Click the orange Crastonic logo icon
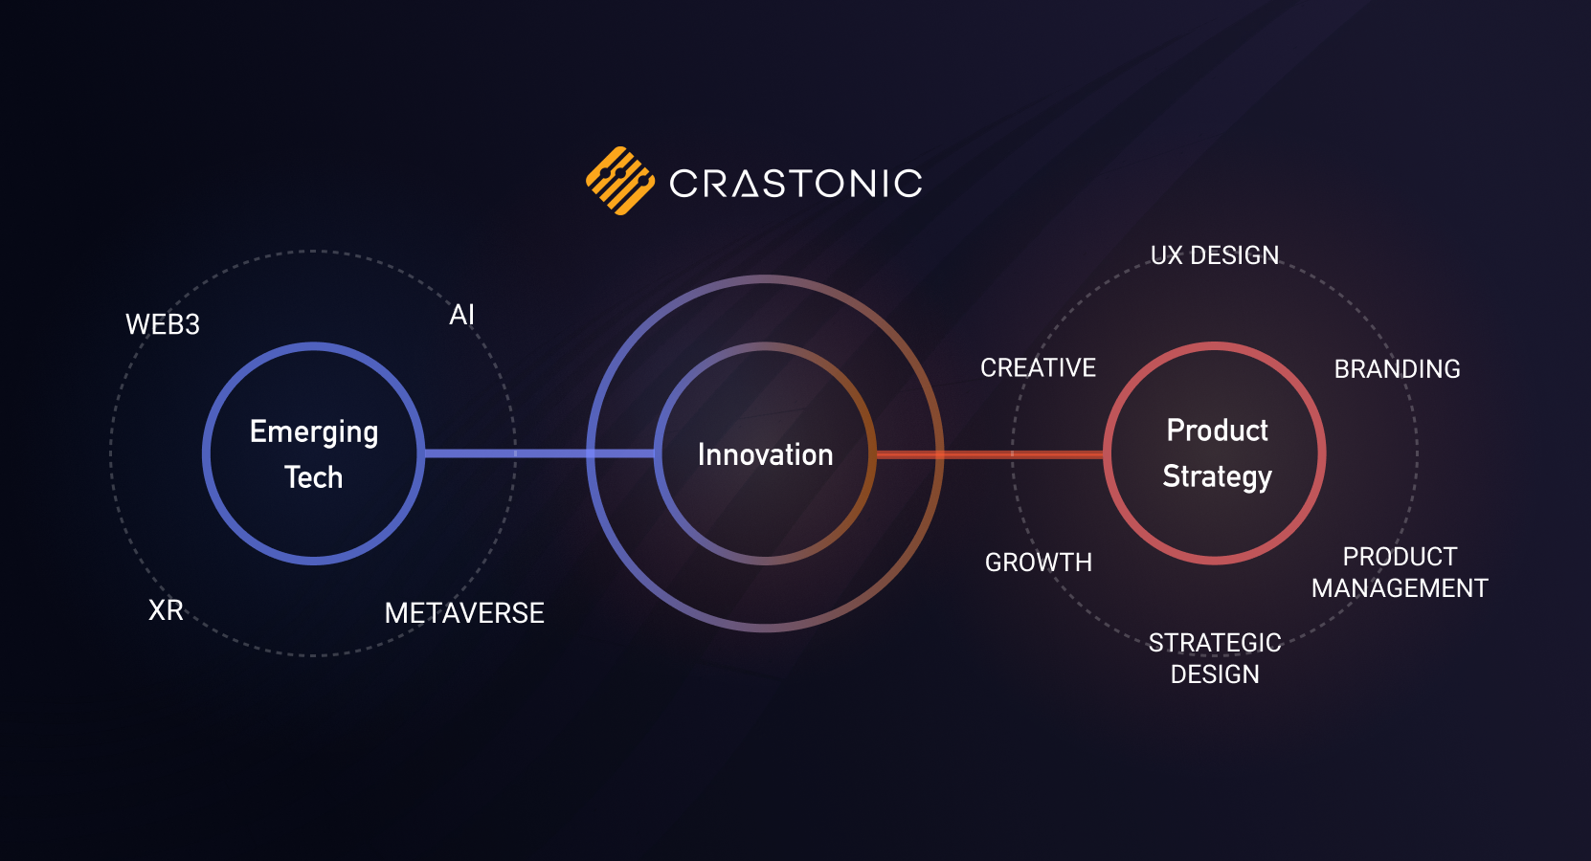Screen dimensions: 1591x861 620,181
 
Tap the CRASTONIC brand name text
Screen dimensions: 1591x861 796,183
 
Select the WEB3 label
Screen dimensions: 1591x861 163,324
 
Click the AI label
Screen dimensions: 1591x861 461,315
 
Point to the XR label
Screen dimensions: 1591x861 167,610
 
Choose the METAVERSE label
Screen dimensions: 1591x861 464,613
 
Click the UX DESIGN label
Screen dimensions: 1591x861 1215,255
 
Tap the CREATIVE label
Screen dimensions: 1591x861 1039,367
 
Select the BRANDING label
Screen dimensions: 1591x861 1397,369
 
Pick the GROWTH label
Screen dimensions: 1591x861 1039,563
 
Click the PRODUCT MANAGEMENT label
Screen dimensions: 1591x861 1400,572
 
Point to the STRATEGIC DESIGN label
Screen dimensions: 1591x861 1216,658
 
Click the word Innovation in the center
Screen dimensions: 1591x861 766,455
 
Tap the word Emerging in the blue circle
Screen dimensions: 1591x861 314,432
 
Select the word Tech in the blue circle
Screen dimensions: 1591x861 314,477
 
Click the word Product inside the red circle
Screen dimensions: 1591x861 1218,430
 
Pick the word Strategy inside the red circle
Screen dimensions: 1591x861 1218,476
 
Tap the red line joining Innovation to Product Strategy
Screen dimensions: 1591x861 990,453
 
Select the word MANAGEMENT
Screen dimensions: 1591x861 1400,588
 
